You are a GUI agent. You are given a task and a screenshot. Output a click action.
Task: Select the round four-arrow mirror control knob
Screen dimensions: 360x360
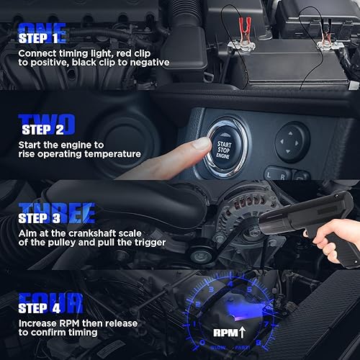292,135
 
